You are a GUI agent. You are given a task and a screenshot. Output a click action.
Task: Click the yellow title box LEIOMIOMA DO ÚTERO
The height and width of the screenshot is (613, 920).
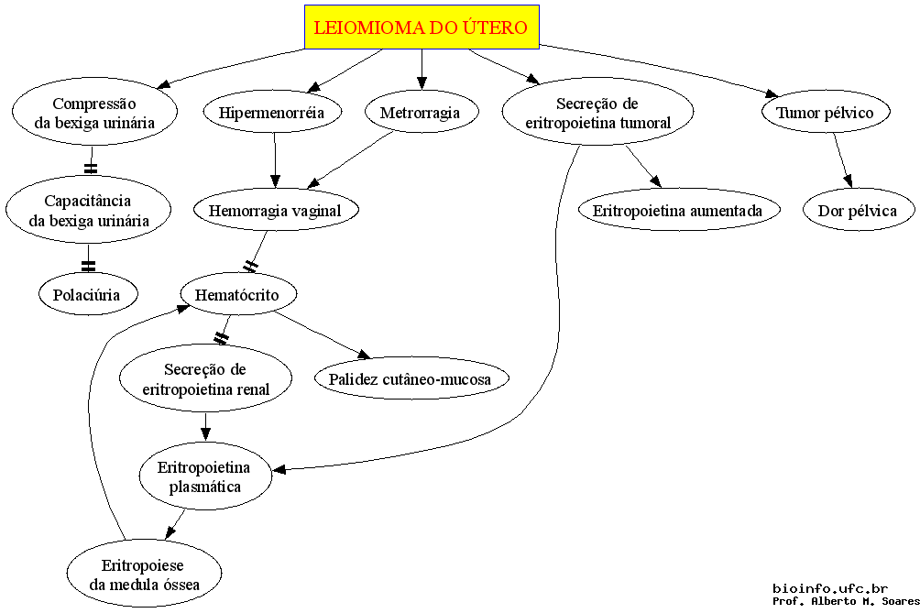click(x=422, y=27)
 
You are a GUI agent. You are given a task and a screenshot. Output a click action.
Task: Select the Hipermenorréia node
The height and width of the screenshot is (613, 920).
click(x=272, y=112)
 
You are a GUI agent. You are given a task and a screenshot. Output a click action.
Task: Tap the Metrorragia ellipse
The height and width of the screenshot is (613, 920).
click(x=422, y=112)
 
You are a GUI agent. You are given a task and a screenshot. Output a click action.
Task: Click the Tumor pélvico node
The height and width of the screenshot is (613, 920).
click(x=826, y=112)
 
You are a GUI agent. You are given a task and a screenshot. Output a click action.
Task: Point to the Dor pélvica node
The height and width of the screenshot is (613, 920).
click(x=858, y=210)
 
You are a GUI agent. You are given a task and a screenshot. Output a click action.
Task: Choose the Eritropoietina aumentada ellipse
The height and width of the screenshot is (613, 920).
click(x=679, y=210)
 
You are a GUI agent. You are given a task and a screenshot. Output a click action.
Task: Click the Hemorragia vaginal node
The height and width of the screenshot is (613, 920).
click(x=276, y=210)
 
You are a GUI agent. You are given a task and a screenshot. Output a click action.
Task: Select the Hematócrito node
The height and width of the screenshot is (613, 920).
click(x=237, y=294)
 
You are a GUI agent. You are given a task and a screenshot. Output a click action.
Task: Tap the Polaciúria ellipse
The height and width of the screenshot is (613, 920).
click(x=88, y=294)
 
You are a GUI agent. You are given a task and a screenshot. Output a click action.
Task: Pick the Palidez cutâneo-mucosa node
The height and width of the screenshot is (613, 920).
click(x=411, y=378)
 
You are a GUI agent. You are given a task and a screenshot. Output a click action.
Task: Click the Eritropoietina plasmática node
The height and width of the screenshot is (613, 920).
click(x=205, y=476)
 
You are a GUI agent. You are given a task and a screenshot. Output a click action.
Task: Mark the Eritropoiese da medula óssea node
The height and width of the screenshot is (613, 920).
click(x=145, y=574)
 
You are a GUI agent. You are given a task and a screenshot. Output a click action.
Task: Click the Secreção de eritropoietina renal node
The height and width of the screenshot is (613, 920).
click(x=205, y=378)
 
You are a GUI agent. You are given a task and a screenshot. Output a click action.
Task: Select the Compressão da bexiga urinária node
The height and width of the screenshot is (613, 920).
click(x=94, y=112)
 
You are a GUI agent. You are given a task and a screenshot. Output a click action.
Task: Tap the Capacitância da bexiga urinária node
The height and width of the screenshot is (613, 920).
click(x=89, y=210)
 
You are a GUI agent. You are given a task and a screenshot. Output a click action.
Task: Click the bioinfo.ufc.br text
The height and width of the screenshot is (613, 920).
click(x=830, y=588)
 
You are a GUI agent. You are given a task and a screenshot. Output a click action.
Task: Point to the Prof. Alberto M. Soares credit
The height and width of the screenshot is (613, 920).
click(x=846, y=601)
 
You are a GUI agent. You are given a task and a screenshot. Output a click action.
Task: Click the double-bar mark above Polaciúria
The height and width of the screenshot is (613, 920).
click(x=88, y=266)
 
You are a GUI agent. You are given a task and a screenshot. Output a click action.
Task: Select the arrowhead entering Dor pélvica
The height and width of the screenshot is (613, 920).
click(x=848, y=181)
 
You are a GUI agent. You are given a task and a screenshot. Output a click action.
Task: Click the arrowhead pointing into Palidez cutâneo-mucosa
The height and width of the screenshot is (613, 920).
click(x=364, y=354)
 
